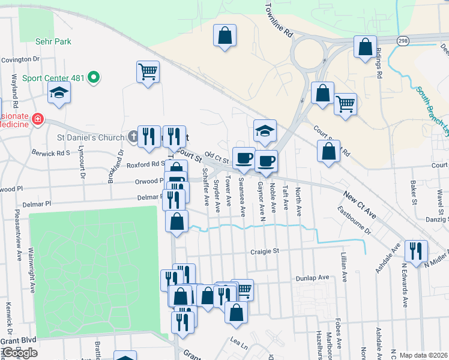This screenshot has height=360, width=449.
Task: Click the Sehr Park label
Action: click(x=53, y=41)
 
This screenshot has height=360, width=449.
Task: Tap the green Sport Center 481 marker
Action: click(x=93, y=77)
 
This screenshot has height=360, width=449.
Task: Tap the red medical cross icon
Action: click(x=37, y=119)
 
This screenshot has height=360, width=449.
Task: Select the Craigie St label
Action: click(x=265, y=253)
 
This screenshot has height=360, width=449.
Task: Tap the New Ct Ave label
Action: click(x=360, y=196)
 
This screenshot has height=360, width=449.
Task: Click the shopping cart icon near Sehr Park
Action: click(x=148, y=72)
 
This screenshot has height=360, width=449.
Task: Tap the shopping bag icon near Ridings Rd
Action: click(x=365, y=46)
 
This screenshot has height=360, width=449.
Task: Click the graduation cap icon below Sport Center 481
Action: click(x=59, y=92)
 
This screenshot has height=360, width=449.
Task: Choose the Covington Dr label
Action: click(x=20, y=59)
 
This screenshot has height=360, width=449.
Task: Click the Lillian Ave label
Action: click(x=345, y=267)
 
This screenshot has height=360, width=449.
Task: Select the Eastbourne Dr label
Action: click(x=355, y=219)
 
